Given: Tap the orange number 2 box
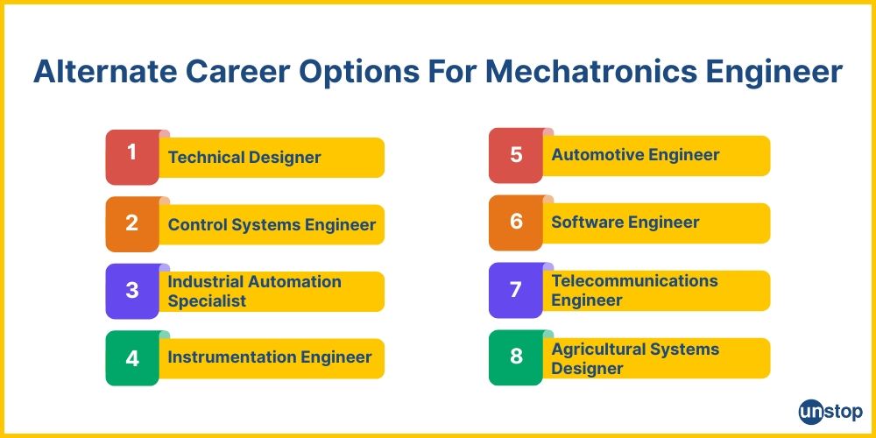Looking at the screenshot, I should [x=132, y=223].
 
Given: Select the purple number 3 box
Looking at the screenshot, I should [x=132, y=290].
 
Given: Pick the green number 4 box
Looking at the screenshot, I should [x=132, y=357].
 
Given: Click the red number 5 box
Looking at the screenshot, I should [x=516, y=155].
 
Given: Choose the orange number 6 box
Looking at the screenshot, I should [x=516, y=222].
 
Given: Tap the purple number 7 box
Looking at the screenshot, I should [x=516, y=289].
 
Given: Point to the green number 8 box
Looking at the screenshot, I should [x=516, y=357].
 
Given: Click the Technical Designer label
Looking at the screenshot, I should [x=244, y=158].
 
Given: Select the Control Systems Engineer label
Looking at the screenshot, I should [x=272, y=224].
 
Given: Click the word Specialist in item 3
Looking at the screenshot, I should [x=207, y=300].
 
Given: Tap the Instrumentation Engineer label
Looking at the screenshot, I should [x=270, y=357].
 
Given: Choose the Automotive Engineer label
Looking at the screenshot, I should [x=635, y=155].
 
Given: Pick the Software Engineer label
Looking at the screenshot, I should [x=625, y=223].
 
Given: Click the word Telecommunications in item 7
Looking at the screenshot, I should [x=634, y=281].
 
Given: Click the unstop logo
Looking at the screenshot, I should [x=830, y=412].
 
